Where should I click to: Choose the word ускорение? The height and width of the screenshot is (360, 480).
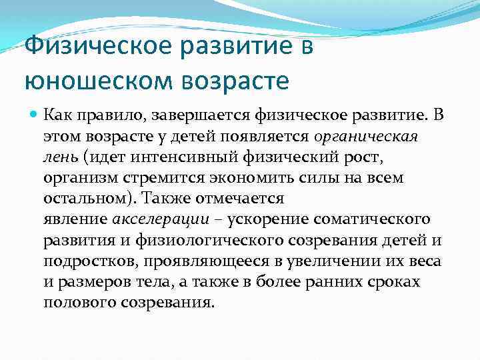click(263, 220)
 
